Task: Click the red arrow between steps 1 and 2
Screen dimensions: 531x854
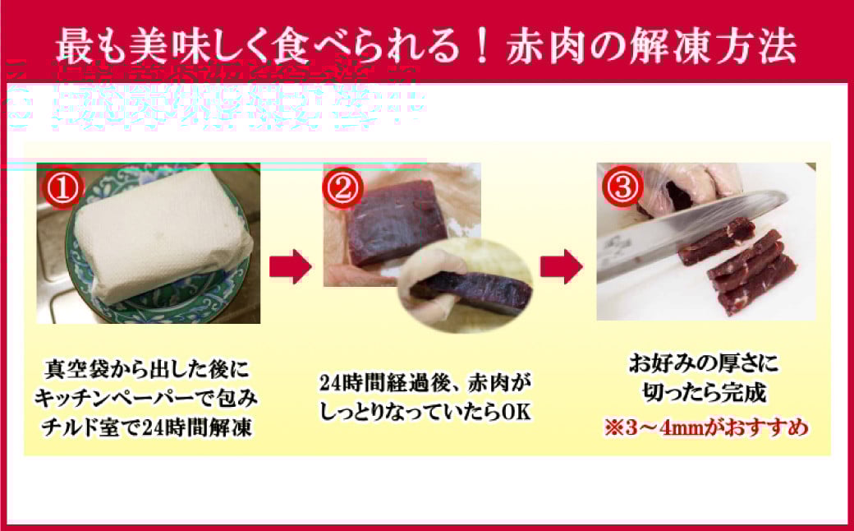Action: pyautogui.click(x=290, y=265)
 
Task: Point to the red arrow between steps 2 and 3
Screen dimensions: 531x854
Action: pyautogui.click(x=562, y=265)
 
